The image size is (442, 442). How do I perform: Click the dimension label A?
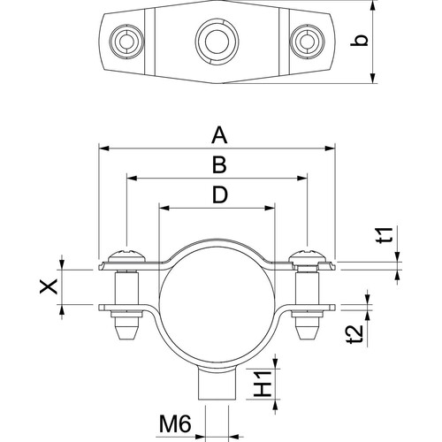pos(220,135)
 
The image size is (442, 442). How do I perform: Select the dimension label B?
pos(219,164)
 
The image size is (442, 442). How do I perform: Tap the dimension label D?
pos(220,194)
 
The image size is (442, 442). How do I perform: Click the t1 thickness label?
pos(385,235)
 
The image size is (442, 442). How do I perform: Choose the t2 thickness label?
pos(354,335)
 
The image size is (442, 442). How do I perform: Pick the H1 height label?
pos(263,384)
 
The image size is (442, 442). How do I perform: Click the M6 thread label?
pos(175,423)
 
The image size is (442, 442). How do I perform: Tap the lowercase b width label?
pos(360,41)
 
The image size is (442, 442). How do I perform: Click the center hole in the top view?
pos(217,41)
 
